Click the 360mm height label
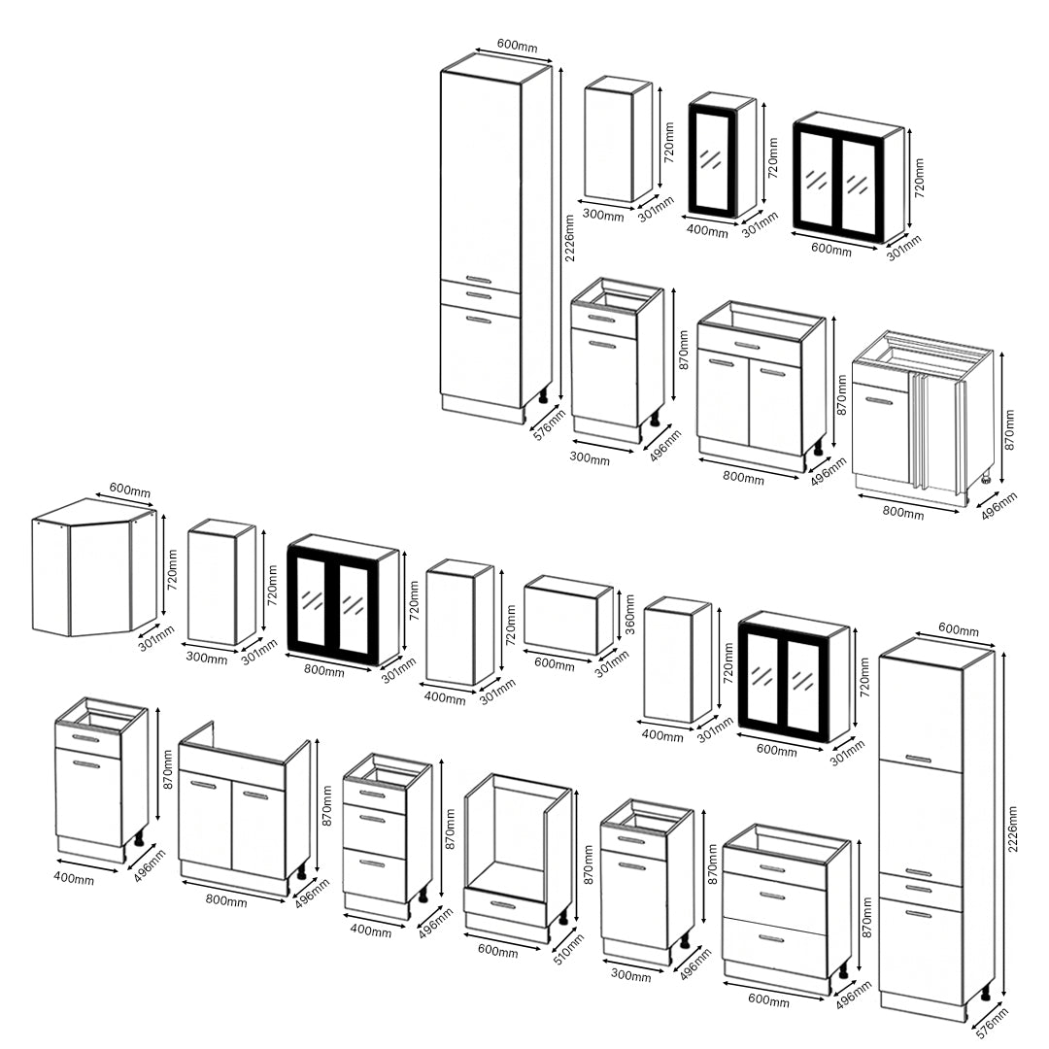click(x=628, y=614)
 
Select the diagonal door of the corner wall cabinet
click(x=101, y=579)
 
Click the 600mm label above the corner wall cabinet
click(x=130, y=491)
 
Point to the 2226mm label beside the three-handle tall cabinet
click(x=568, y=238)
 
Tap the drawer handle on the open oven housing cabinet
click(x=504, y=905)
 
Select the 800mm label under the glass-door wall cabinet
click(x=323, y=669)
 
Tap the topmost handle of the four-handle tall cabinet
click(x=918, y=759)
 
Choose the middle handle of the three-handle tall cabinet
click(x=479, y=294)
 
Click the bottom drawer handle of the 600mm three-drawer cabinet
click(x=772, y=939)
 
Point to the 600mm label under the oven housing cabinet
click(x=497, y=950)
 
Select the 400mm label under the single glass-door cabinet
click(x=707, y=231)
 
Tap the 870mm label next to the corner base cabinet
click(x=1009, y=429)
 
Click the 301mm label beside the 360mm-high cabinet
click(x=612, y=663)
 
